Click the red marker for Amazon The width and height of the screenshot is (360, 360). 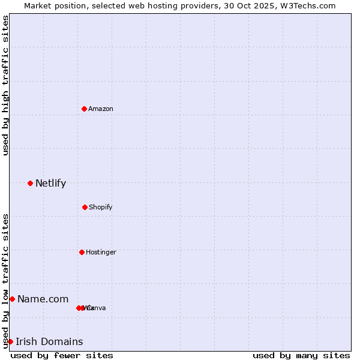[84, 109]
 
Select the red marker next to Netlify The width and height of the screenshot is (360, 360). [30, 183]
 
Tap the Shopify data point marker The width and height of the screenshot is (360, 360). [85, 207]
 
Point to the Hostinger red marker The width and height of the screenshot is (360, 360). [82, 252]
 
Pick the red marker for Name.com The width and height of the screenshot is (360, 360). [12, 299]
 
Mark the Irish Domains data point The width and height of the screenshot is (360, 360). [10, 341]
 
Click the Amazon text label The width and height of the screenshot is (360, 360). [101, 109]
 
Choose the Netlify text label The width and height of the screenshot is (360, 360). [50, 183]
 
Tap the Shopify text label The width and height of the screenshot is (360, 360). [101, 207]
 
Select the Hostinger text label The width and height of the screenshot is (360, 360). [101, 252]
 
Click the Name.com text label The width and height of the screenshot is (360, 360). [43, 299]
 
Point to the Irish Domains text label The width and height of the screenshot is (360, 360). [49, 341]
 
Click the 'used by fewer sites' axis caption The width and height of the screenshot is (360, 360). [62, 355]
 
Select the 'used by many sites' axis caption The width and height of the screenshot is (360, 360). [301, 355]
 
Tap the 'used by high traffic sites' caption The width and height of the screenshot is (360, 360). [5, 85]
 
